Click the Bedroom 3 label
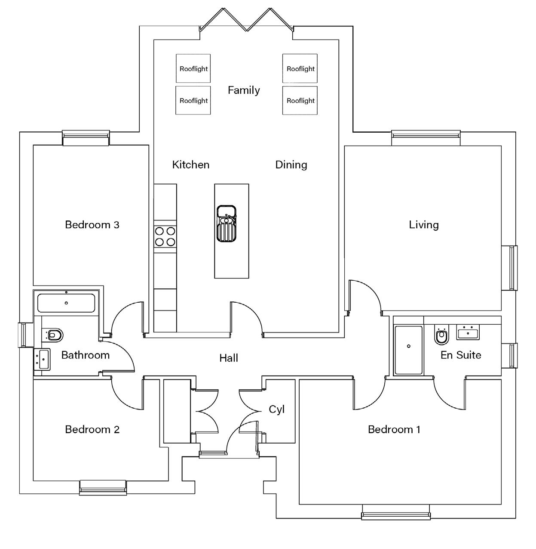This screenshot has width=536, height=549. coord(92,224)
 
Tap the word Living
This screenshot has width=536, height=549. coord(423,224)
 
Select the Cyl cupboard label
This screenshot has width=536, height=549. coord(276,409)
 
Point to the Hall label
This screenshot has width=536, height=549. coord(228,358)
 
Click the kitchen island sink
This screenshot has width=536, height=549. coord(226,224)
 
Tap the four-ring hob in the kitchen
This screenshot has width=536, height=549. coord(165,236)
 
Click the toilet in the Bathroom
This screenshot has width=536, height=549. coord(53,334)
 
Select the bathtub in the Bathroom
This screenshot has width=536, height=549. coord(66,303)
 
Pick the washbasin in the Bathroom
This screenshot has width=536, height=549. coord(42,359)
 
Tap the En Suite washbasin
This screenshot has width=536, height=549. coord(468,332)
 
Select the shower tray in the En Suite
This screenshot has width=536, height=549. coord(408,350)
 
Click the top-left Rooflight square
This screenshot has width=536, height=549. coord(193,68)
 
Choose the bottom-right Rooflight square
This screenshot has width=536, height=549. coord(300,100)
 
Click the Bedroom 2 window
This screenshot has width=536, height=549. coord(103,487)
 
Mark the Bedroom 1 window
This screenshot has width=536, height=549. coord(395,511)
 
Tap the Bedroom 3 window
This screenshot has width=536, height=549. coord(86,138)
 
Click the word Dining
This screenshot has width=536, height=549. coord(291,164)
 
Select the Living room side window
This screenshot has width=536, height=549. coord(512,267)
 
